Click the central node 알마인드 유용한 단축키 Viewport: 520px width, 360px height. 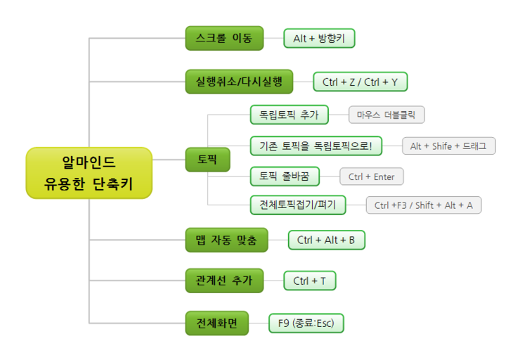pos(89,173)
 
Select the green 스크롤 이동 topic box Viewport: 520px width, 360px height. pos(224,38)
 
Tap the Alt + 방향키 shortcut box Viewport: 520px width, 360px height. pos(319,39)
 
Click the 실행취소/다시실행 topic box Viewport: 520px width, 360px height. pos(239,82)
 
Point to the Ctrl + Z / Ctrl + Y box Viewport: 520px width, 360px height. pos(360,82)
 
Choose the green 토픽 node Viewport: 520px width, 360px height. pos(207,160)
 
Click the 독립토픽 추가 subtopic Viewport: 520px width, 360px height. pos(289,115)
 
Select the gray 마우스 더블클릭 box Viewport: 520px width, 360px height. pos(386,115)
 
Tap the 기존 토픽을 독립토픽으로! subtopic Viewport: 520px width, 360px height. pos(316,146)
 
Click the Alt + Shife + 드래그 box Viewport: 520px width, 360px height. pos(448,146)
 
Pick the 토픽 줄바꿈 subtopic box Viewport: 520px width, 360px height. pos(289,176)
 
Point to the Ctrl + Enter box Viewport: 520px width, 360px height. pos(371,176)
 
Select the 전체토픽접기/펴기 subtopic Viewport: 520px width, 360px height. pos(298,205)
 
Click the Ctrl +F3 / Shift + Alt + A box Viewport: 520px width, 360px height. pos(423,205)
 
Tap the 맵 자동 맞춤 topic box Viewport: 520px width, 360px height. pos(226,240)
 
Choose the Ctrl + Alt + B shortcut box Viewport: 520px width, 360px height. pos(326,240)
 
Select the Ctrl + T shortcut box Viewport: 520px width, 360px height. pos(309,281)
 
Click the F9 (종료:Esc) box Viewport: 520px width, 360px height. pos(306,323)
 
